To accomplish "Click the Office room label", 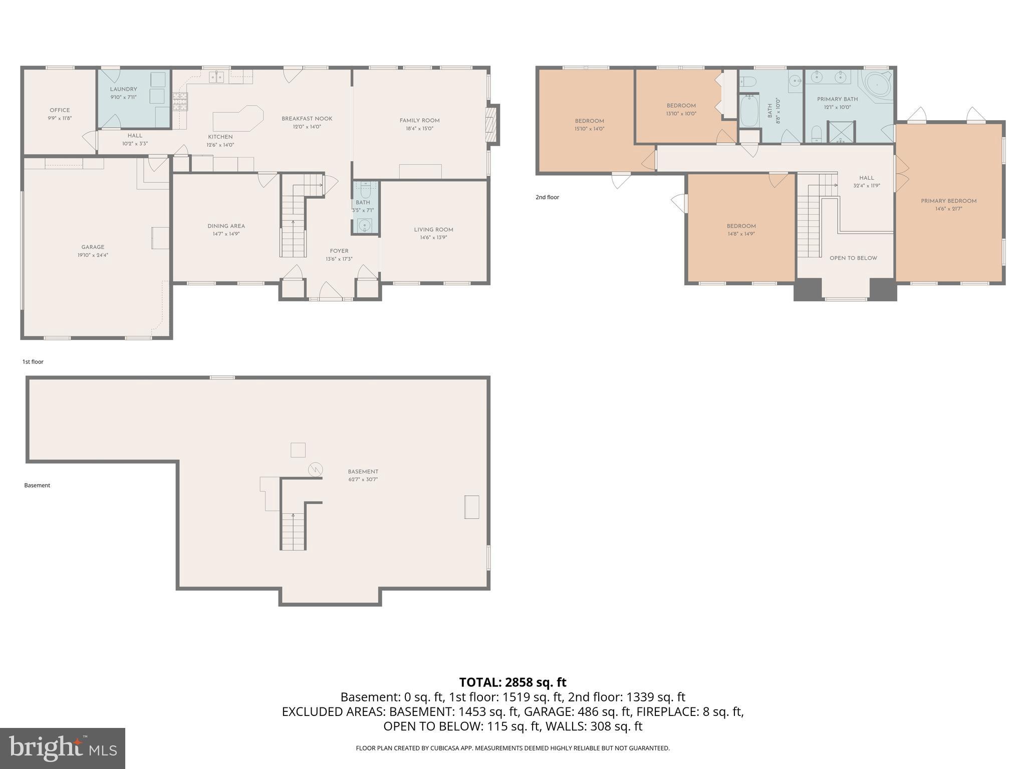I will [60, 110].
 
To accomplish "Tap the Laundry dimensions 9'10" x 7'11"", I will [123, 98].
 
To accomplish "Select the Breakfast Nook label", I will [307, 119].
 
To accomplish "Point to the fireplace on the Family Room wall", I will [493, 125].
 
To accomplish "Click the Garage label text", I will [93, 247].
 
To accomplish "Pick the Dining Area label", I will [226, 226].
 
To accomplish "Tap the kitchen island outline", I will [237, 120].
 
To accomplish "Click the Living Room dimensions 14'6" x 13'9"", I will [433, 238].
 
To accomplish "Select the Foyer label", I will [339, 251].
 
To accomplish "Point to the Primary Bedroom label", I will [948, 201].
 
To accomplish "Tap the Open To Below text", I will [853, 258].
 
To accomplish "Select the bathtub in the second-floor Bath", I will [749, 111].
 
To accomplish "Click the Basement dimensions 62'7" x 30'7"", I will [363, 480].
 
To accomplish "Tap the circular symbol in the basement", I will [316, 470].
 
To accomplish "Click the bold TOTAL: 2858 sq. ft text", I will [512, 682].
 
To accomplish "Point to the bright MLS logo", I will [63, 748].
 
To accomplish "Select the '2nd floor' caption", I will [547, 197].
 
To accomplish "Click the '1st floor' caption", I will [33, 361].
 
